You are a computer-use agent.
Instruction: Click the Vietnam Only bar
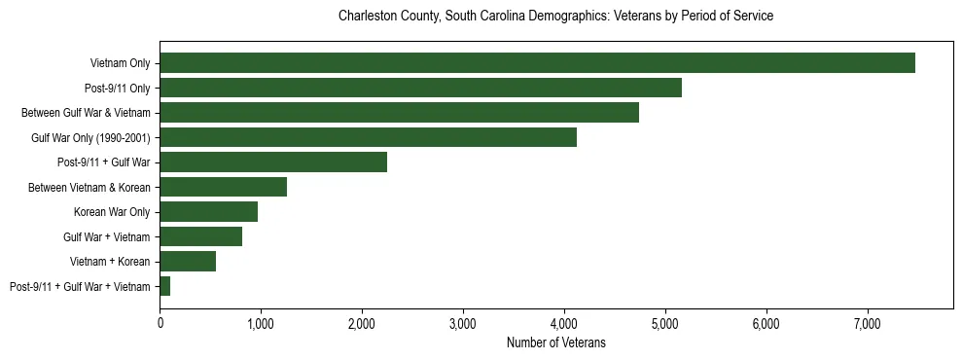[537, 63]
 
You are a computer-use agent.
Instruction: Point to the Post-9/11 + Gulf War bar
[273, 162]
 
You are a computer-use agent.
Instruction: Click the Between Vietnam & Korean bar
[223, 187]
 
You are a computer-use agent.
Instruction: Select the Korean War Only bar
[208, 212]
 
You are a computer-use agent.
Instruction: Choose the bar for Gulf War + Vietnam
[200, 236]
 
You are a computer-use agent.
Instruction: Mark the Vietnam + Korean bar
[188, 262]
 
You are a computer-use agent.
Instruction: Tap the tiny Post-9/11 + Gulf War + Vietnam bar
[165, 286]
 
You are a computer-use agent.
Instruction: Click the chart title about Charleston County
[555, 17]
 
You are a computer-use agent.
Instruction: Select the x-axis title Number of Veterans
[556, 342]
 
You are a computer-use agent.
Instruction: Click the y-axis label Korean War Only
[111, 212]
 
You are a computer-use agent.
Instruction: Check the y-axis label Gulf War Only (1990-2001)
[89, 137]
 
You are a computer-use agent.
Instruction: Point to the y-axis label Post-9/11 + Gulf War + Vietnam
[80, 286]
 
